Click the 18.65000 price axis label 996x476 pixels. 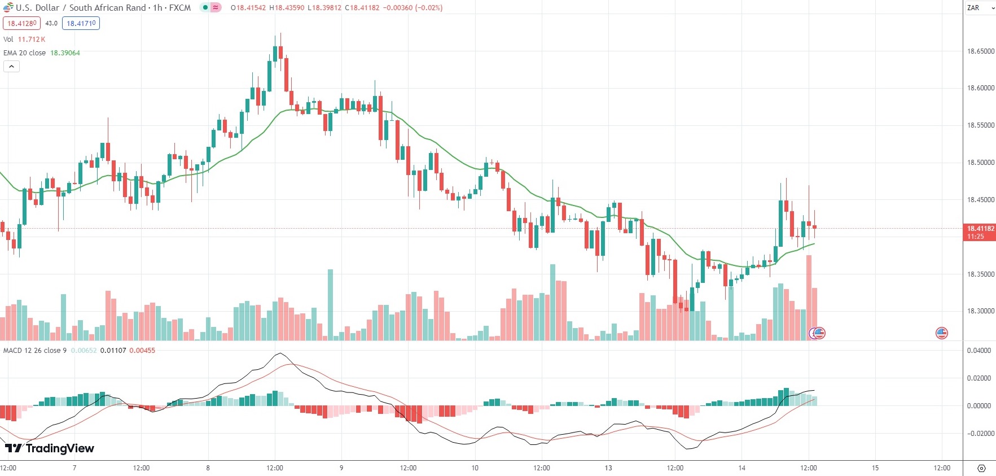[981, 51]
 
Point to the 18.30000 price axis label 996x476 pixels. [981, 311]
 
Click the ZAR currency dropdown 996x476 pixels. [980, 8]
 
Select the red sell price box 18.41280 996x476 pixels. [21, 24]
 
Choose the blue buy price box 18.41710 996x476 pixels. [81, 24]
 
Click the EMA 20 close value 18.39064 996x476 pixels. [65, 53]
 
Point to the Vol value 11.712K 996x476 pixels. [32, 40]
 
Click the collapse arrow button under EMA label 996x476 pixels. [11, 67]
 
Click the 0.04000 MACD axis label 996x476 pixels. [979, 351]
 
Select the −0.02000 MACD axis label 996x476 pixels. [979, 434]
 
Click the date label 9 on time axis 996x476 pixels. [341, 468]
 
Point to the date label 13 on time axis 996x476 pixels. [608, 468]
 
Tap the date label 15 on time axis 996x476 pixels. [875, 468]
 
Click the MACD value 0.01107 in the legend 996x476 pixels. [113, 351]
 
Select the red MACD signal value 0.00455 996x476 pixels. [142, 351]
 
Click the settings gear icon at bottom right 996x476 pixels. [981, 468]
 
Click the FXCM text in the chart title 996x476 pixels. [180, 8]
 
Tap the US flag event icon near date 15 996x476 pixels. [941, 333]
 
